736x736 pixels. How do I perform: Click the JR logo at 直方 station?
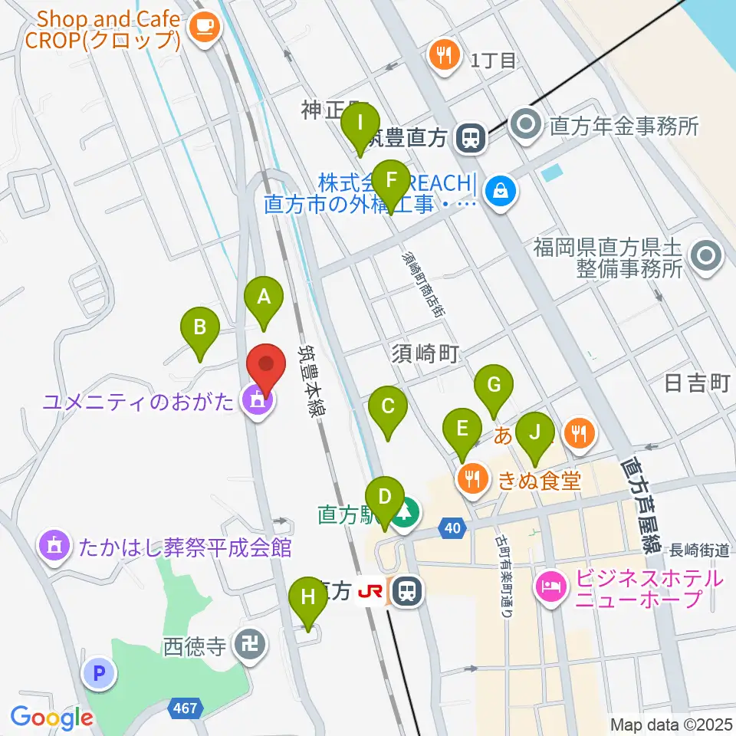click(372, 591)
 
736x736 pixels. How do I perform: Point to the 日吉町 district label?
click(697, 383)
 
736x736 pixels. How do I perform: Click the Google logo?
click(51, 718)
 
